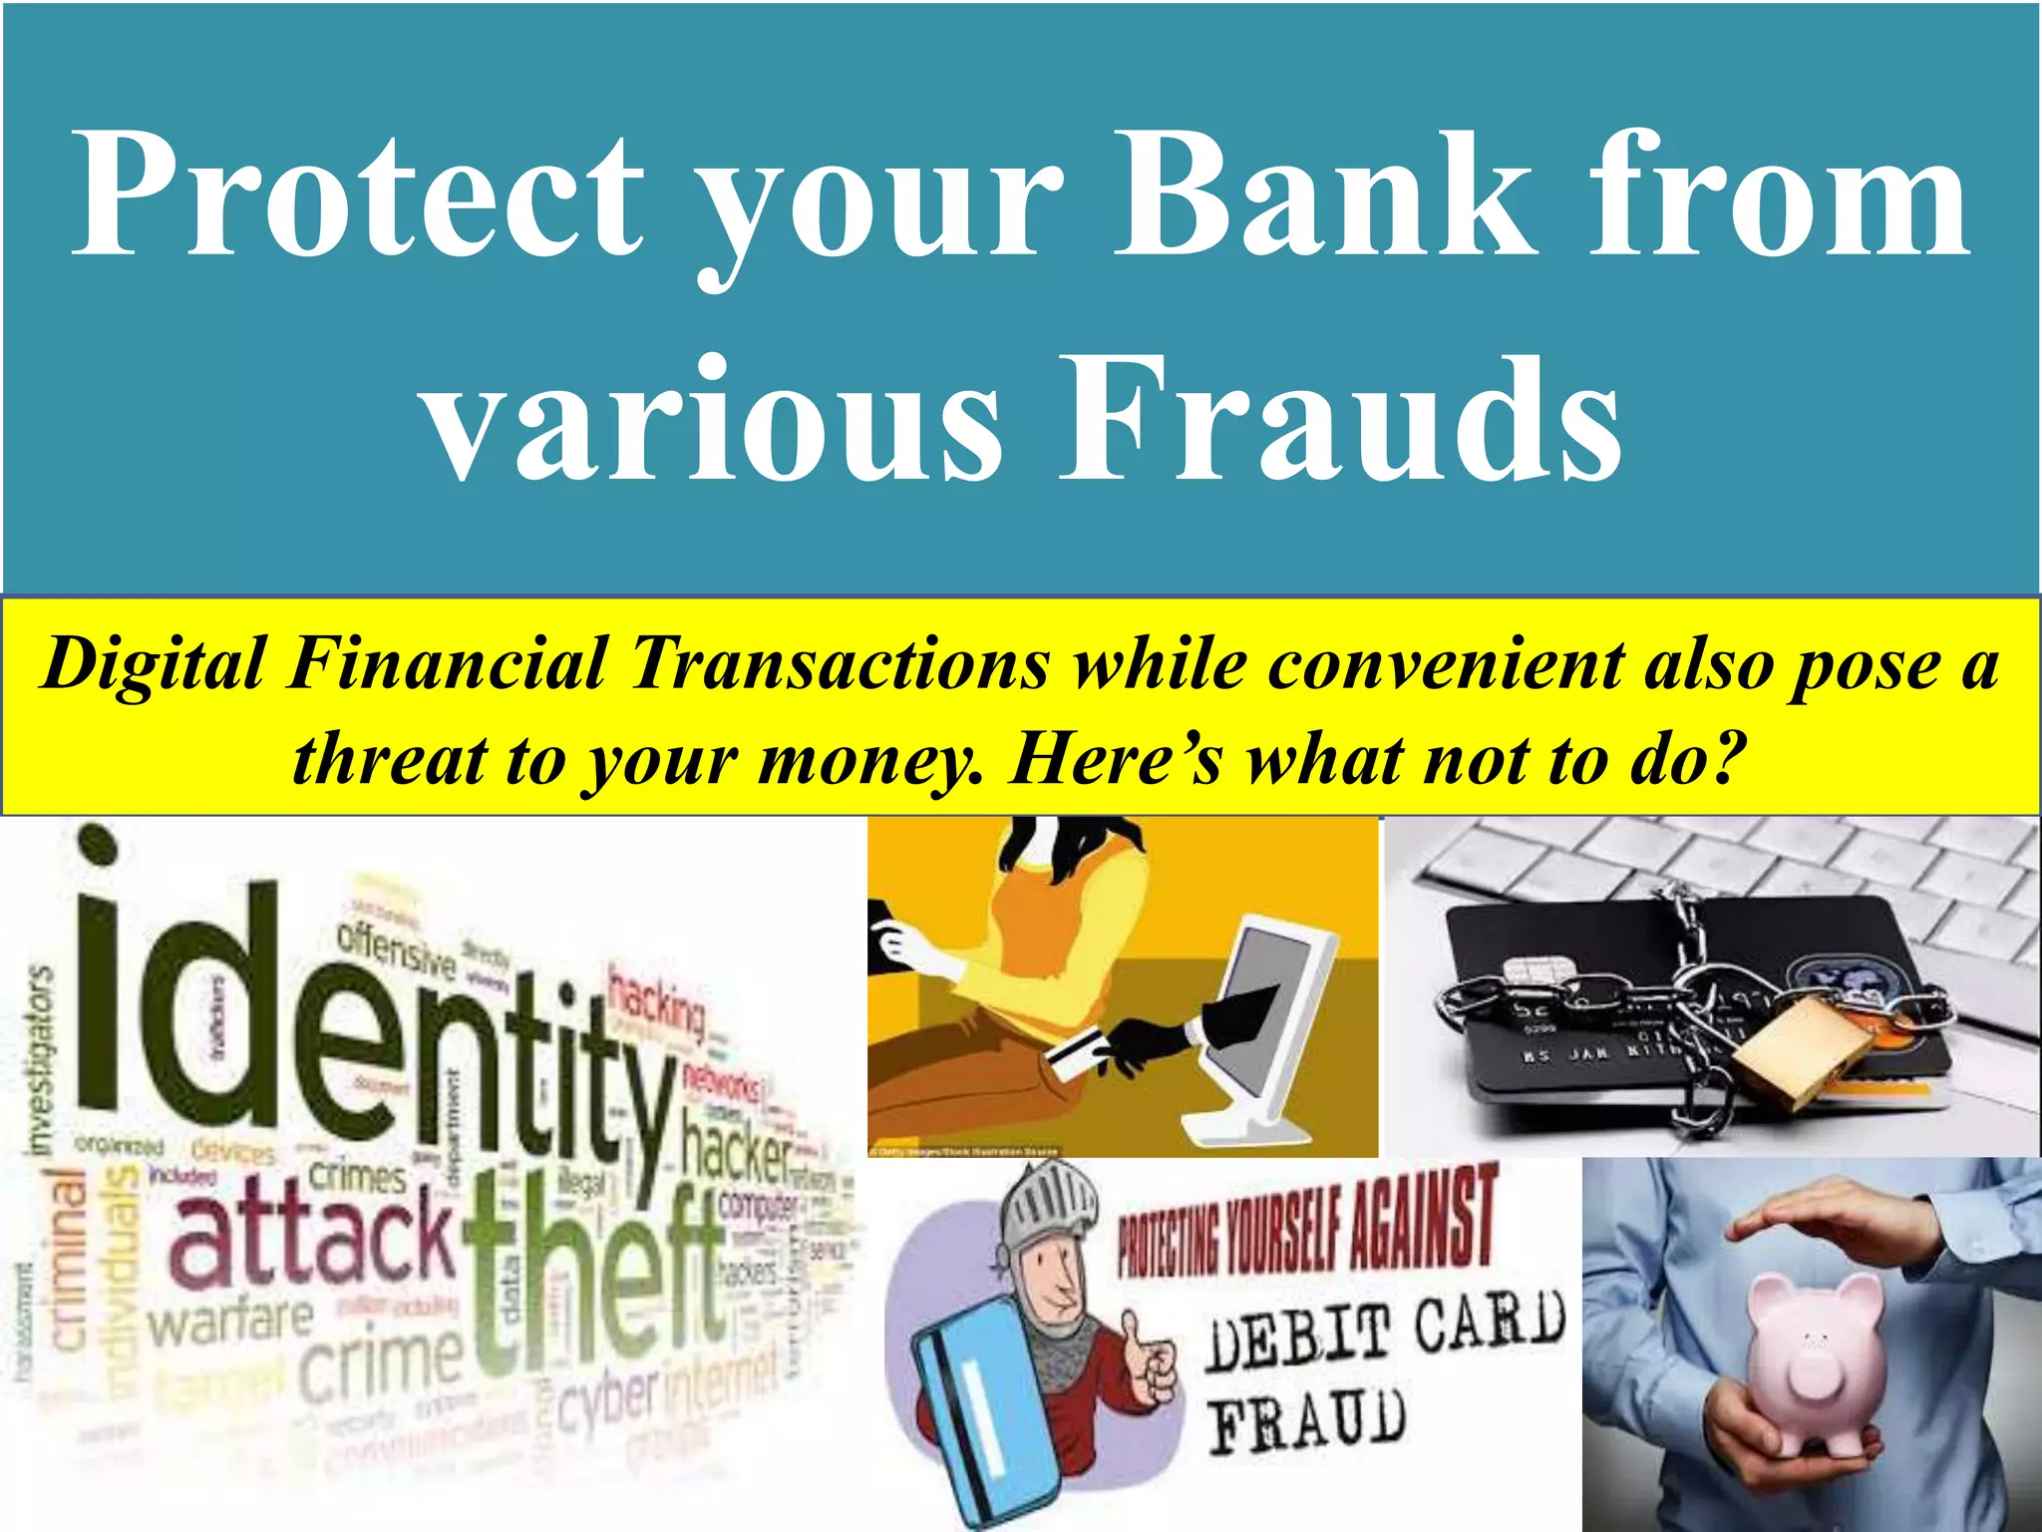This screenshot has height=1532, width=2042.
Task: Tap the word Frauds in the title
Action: pyautogui.click(x=1341, y=419)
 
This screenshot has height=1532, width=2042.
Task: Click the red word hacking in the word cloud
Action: pyautogui.click(x=658, y=1002)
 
